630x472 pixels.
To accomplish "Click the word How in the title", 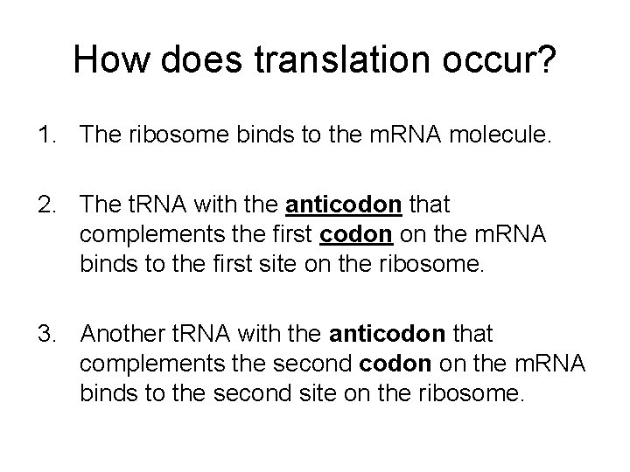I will pyautogui.click(x=105, y=60).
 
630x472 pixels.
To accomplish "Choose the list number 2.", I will pyautogui.click(x=45, y=205).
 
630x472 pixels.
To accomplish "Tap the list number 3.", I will pyautogui.click(x=45, y=333).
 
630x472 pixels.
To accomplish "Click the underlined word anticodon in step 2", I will pyautogui.click(x=345, y=205).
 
